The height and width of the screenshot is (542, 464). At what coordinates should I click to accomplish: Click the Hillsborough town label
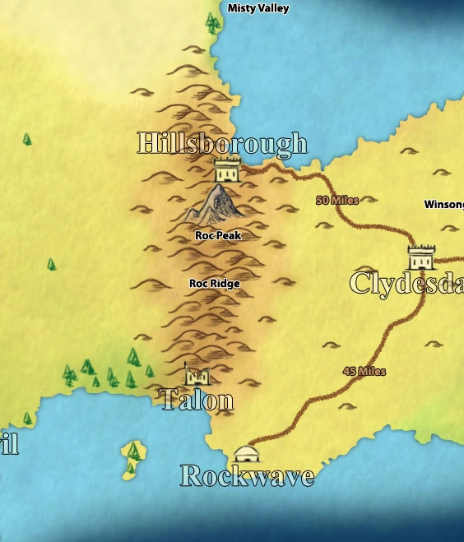(x=222, y=143)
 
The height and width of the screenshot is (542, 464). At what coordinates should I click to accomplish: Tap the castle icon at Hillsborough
(x=227, y=169)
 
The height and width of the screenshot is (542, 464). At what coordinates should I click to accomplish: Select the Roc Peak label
(x=218, y=235)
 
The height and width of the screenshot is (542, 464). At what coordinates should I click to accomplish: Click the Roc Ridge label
(x=214, y=284)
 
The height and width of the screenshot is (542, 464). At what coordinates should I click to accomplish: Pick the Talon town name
(x=197, y=400)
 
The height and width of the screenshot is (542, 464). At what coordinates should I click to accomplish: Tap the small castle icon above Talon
(x=197, y=376)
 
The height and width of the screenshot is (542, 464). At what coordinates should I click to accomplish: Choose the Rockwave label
(x=247, y=475)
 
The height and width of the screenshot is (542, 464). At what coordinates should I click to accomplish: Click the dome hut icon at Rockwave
(x=245, y=454)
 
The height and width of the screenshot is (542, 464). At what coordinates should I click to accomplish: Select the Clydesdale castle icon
(x=421, y=256)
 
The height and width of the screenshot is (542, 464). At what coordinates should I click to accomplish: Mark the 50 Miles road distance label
(x=337, y=200)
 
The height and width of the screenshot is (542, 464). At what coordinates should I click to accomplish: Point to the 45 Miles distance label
(x=364, y=372)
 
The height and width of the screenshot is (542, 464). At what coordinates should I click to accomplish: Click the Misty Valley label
(x=258, y=8)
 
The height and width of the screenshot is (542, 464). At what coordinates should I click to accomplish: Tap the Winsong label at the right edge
(x=444, y=205)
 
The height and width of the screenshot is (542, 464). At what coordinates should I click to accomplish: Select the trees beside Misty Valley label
(x=214, y=22)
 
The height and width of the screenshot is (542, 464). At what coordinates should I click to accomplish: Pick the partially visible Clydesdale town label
(x=406, y=283)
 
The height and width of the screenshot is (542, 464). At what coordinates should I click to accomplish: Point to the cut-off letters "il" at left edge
(x=8, y=444)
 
